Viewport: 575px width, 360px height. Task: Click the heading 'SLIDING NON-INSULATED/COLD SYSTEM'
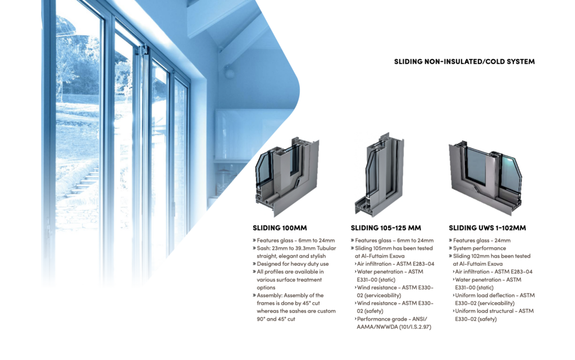464,62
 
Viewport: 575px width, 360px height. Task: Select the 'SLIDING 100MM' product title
280,228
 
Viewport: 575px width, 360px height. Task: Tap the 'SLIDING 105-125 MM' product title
386,228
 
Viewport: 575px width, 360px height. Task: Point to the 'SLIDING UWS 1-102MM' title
487,228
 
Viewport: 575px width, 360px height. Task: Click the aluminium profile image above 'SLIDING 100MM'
287,177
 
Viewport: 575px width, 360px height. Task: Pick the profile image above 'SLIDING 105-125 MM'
379,175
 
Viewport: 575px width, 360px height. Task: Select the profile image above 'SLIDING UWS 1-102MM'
485,177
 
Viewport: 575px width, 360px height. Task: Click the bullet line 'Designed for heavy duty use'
293,264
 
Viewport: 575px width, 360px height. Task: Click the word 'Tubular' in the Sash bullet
326,248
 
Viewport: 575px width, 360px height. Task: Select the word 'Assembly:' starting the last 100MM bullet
270,295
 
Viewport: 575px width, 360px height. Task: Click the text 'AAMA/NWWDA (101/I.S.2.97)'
394,327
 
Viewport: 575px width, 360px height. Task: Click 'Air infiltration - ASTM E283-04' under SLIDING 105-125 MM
395,264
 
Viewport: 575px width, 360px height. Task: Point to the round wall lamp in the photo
229,72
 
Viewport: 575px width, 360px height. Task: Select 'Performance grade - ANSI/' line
391,319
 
